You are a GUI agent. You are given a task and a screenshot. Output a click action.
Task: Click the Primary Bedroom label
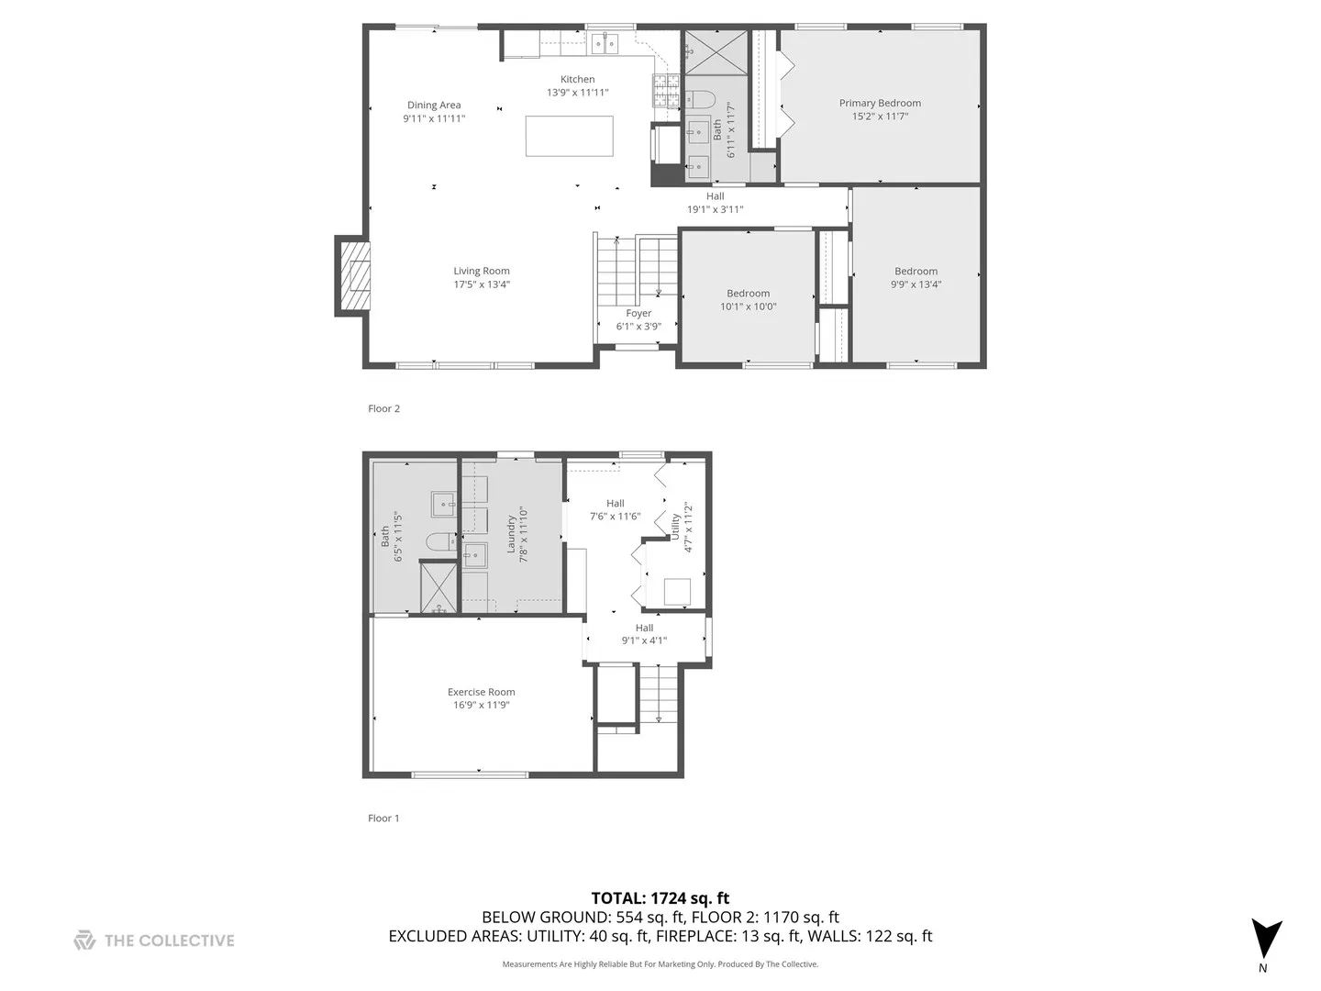880,103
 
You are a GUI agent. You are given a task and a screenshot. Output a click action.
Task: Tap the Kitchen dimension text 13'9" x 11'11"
578,92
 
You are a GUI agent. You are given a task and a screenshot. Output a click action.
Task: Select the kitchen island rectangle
569,136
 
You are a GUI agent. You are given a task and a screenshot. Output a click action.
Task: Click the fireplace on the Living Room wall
353,277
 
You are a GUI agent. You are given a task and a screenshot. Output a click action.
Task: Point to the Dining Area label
434,105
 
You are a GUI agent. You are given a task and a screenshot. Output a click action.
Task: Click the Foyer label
638,313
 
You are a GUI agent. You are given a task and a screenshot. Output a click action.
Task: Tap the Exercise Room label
481,692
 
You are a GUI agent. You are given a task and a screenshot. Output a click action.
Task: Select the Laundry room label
511,534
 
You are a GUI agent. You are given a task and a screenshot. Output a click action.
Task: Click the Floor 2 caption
383,408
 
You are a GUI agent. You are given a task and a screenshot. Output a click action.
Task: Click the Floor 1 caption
383,818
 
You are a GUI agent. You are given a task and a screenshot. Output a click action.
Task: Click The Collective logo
154,940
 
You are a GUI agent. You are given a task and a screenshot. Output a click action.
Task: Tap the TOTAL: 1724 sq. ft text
660,898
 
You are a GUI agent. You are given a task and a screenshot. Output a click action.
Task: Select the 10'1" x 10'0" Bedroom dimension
748,306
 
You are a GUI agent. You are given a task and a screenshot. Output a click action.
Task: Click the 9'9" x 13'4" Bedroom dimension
916,284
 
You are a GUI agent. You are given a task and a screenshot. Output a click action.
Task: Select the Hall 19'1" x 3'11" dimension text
715,209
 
